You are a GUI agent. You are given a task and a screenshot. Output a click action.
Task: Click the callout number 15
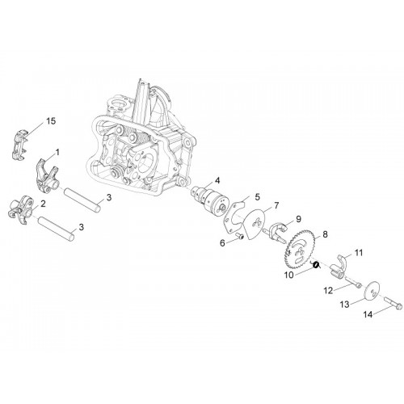click(x=51, y=121)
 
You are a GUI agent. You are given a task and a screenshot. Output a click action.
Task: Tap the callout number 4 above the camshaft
click(x=217, y=180)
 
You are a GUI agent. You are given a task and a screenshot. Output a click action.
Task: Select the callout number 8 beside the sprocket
click(x=325, y=234)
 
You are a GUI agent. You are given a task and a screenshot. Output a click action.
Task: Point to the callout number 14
click(x=368, y=314)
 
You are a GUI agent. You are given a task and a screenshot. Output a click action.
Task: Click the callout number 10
click(x=288, y=276)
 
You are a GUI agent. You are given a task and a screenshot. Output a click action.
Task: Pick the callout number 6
click(x=222, y=243)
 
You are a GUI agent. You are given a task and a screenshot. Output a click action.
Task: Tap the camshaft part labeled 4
click(x=208, y=200)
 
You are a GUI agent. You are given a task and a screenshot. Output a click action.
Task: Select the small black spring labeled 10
click(x=316, y=264)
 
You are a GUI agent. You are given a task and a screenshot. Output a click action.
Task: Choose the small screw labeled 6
click(x=240, y=236)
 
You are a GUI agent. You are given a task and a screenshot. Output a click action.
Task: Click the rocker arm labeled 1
click(x=46, y=175)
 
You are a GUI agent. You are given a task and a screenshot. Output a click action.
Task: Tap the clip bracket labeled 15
click(x=19, y=144)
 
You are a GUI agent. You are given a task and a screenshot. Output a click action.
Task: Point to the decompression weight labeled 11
click(x=338, y=265)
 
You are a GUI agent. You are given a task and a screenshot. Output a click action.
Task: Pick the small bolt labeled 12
click(x=353, y=283)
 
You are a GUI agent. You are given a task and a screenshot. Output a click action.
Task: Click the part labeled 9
click(x=277, y=232)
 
